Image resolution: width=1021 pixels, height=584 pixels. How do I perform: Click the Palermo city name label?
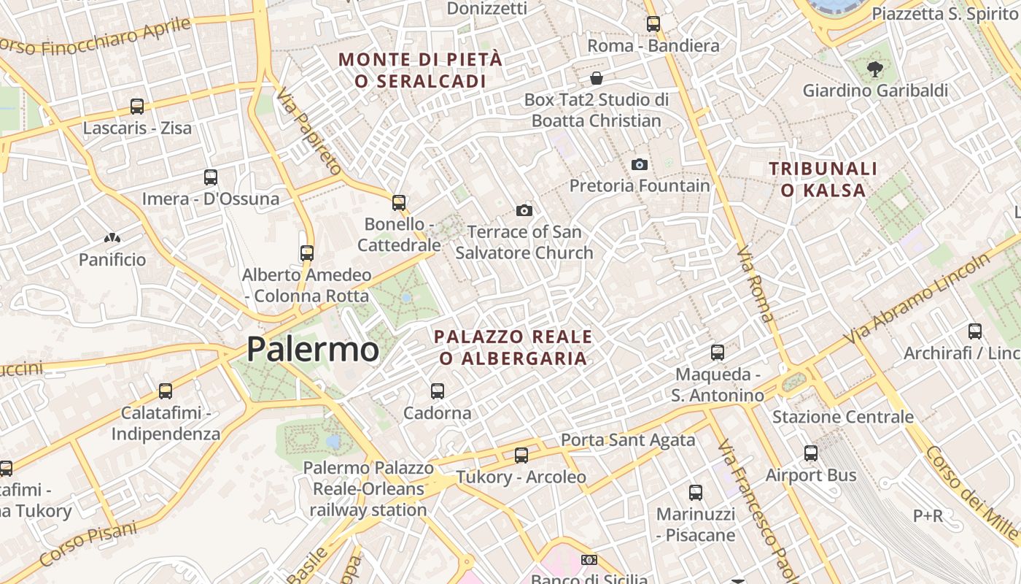[312, 349]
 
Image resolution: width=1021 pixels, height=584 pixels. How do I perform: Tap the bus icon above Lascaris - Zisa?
[137, 107]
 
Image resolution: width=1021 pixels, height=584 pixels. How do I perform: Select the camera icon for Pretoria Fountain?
[640, 164]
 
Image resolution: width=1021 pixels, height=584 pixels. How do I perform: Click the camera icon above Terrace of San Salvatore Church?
[524, 211]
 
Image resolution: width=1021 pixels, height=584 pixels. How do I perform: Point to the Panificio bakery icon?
[112, 238]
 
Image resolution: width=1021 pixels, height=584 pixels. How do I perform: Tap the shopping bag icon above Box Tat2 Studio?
[597, 77]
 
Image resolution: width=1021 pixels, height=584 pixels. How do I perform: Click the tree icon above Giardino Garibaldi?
[874, 69]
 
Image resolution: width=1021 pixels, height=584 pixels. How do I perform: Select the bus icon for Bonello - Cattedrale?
[399, 203]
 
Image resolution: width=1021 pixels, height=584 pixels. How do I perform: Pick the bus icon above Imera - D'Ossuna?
[211, 177]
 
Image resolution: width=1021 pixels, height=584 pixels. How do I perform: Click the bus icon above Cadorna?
[438, 391]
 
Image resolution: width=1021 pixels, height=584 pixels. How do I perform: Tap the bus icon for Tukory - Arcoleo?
[521, 456]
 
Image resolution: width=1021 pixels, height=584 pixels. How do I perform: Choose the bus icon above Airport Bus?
[811, 453]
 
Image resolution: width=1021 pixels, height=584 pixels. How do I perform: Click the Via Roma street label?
[755, 285]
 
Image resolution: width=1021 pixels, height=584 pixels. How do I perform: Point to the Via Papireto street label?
[309, 131]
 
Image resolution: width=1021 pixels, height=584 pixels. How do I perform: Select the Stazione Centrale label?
[842, 417]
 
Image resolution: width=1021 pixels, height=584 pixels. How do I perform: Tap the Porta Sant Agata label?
[627, 440]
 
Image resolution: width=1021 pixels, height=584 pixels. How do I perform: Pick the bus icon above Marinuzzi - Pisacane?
[696, 493]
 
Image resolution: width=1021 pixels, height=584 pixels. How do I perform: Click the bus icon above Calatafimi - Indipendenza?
[166, 391]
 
